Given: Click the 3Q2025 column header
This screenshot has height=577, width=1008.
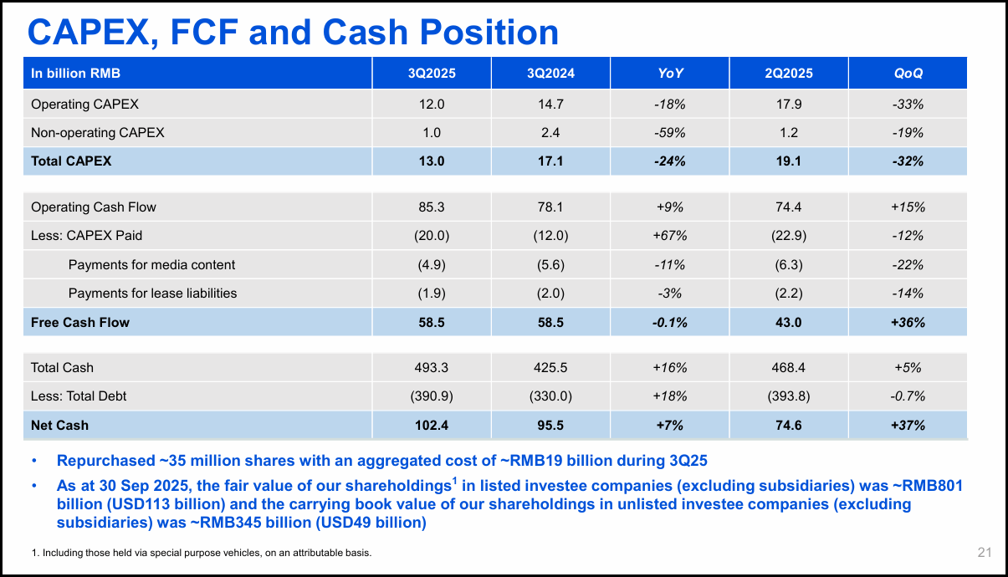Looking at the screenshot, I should pyautogui.click(x=432, y=74).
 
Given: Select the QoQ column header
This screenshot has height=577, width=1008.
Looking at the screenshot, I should pyautogui.click(x=908, y=74).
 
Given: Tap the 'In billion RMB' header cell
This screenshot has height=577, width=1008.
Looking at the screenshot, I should pyautogui.click(x=76, y=74).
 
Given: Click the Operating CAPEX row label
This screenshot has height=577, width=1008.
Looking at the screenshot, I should pyautogui.click(x=84, y=105).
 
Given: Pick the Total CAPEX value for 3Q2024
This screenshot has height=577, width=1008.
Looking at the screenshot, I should pyautogui.click(x=550, y=161).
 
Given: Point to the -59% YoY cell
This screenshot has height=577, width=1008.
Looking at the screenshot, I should pyautogui.click(x=669, y=133).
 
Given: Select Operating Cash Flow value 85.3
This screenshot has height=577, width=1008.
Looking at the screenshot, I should pyautogui.click(x=432, y=207).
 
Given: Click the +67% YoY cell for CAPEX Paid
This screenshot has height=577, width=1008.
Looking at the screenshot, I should pyautogui.click(x=669, y=236).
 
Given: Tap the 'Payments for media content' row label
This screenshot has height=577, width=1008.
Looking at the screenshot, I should pyautogui.click(x=151, y=265).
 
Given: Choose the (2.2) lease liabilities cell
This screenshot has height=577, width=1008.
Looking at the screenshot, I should pyautogui.click(x=788, y=294).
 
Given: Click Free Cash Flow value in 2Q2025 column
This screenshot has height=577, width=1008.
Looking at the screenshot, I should pyautogui.click(x=788, y=322).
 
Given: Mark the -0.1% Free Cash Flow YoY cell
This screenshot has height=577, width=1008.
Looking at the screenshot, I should pyautogui.click(x=669, y=322).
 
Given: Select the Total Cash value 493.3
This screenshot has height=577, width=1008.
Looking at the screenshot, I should pyautogui.click(x=432, y=368).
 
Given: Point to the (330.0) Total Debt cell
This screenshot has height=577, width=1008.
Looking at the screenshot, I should pyautogui.click(x=550, y=396).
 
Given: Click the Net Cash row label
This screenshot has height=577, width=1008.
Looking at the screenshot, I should pyautogui.click(x=59, y=426).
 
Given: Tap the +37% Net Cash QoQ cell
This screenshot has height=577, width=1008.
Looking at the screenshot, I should pyautogui.click(x=908, y=426).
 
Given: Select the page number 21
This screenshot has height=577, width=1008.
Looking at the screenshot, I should pyautogui.click(x=984, y=552).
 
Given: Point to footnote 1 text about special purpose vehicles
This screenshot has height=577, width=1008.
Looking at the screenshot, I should pyautogui.click(x=201, y=553).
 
